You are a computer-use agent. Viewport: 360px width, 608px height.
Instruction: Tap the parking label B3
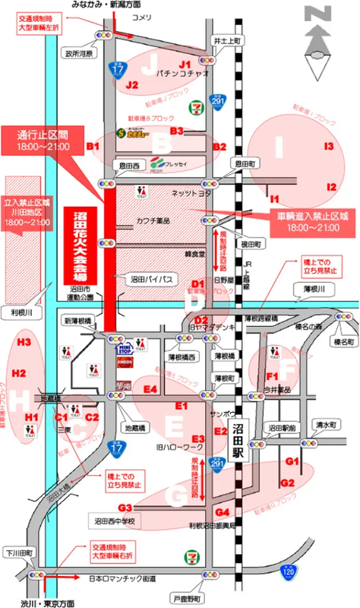coord(176,131)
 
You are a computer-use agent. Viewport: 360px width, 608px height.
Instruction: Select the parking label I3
coord(328,146)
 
